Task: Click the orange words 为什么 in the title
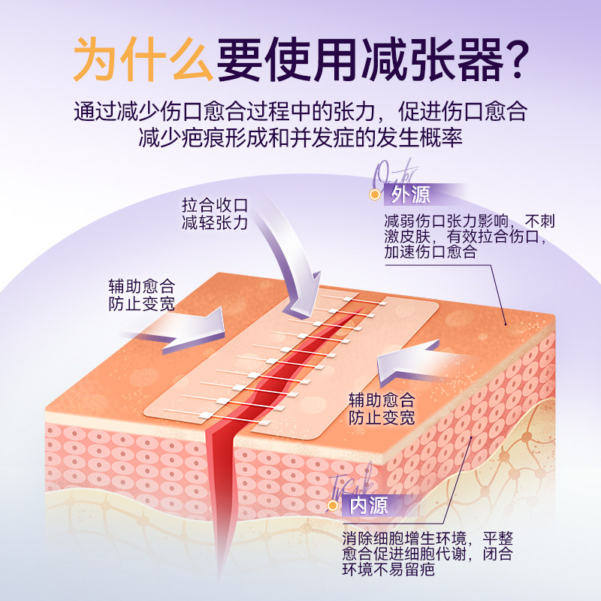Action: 143,59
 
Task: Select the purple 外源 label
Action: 411,195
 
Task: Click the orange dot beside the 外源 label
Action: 373,195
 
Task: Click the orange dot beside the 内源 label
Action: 332,506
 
